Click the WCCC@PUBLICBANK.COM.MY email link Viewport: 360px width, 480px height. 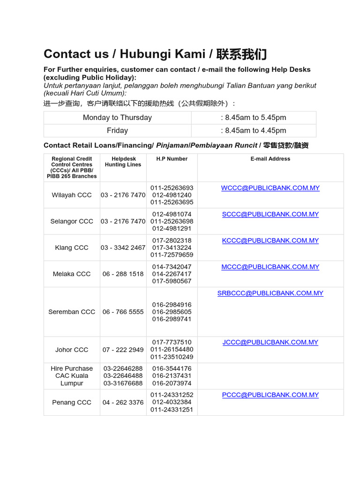(270, 188)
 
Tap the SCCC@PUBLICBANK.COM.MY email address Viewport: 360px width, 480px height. (270, 214)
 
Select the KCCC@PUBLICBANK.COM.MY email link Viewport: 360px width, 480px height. (270, 240)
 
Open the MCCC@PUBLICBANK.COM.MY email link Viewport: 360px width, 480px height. (270, 267)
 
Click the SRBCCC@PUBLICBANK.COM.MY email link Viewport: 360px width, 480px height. (270, 293)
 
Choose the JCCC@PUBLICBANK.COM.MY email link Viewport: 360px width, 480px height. (270, 342)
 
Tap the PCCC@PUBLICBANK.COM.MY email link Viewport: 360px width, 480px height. (270, 395)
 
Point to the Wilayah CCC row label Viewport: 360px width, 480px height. (72, 195)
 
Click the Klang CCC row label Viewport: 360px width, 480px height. (72, 247)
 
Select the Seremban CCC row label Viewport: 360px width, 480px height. (72, 312)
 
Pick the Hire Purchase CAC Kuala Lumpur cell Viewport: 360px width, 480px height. (72, 376)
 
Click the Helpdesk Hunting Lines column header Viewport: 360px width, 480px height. (123, 162)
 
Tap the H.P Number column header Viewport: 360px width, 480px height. (172, 159)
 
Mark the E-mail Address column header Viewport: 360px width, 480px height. (270, 159)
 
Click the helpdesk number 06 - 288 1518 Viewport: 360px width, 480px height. (123, 274)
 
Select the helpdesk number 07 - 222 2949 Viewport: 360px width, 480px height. (123, 350)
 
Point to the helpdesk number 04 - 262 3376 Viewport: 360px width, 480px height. (123, 402)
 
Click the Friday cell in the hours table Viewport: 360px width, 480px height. (117, 130)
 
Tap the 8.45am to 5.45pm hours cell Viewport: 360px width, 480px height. (253, 118)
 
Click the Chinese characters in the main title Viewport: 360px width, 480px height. (242, 54)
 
